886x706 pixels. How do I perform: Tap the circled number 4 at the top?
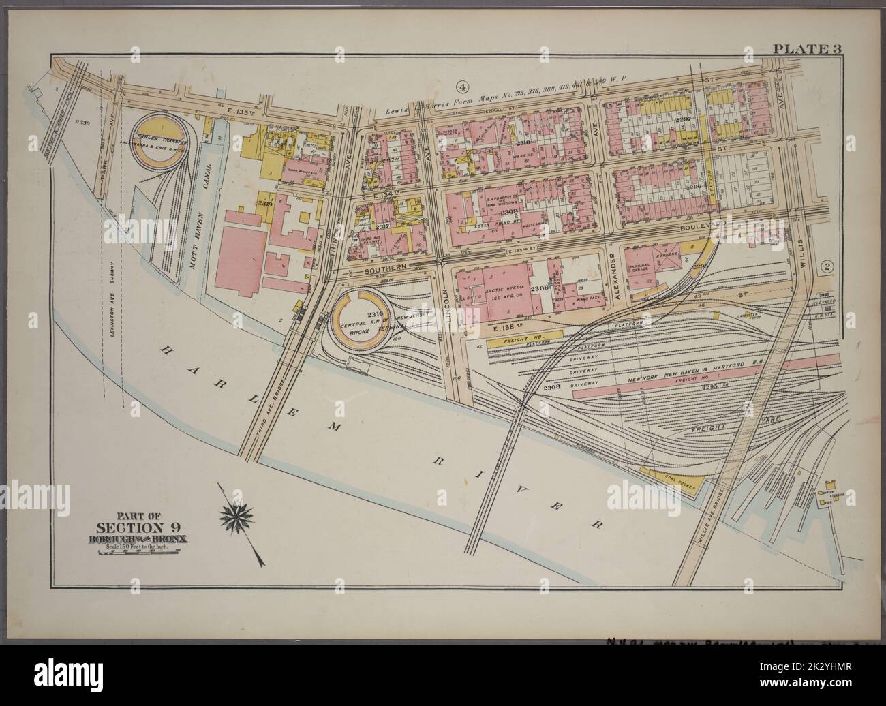click(x=463, y=87)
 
